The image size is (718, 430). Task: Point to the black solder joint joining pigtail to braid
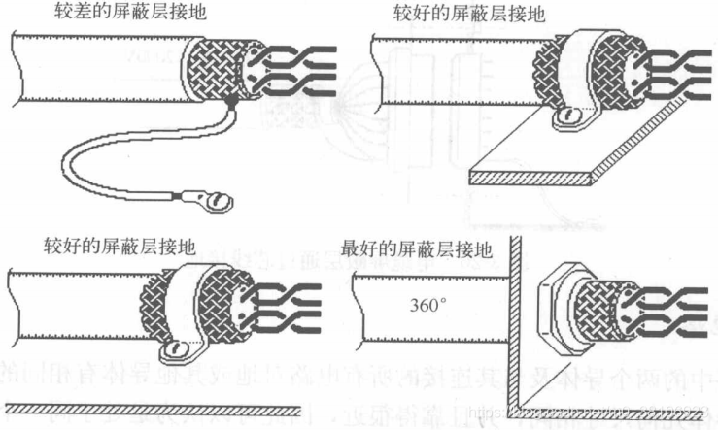point(230,100)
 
